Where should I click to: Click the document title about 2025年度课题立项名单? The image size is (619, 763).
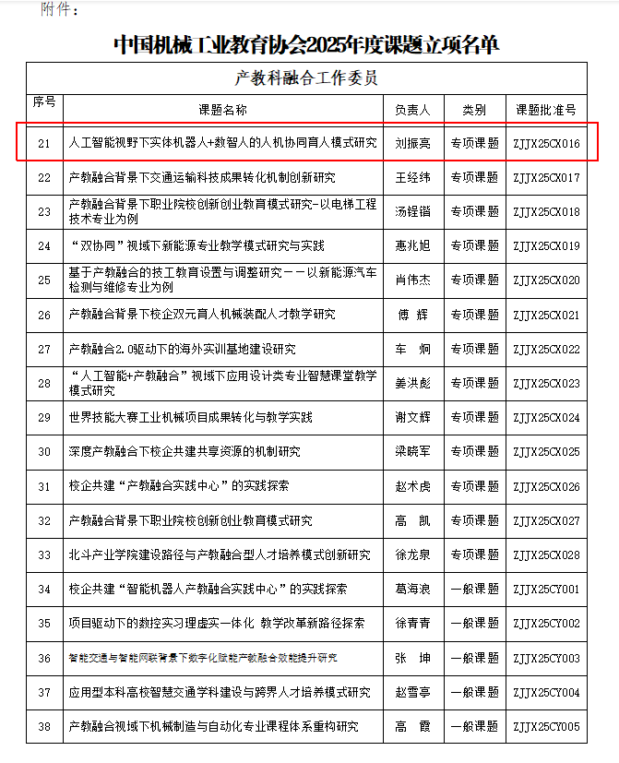pos(306,42)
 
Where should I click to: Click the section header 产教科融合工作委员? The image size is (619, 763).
pos(306,78)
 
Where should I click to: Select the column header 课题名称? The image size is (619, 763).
pos(223,110)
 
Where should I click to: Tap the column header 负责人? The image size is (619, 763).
pos(412,110)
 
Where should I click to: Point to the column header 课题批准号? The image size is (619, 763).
pos(545,110)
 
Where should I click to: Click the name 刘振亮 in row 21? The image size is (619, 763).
pos(412,144)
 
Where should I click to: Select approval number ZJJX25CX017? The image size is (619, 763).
pos(545,178)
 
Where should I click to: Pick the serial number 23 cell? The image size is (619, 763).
pos(44,212)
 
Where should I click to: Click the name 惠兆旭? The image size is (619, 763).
pos(412,246)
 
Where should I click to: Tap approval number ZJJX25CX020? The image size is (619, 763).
pos(545,280)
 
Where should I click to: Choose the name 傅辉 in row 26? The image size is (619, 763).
pos(412,315)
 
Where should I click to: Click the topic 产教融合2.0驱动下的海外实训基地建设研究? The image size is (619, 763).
pos(183,349)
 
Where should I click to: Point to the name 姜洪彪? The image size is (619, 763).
pos(412,383)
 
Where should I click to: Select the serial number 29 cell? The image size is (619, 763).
pos(44,417)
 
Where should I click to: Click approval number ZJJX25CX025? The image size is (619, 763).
pos(545,452)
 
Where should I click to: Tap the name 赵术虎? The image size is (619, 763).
pos(412,486)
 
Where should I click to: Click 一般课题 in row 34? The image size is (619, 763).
pos(474,589)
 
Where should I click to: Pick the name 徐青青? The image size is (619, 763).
pos(412,623)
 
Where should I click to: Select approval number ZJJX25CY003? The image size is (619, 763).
pos(545,658)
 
